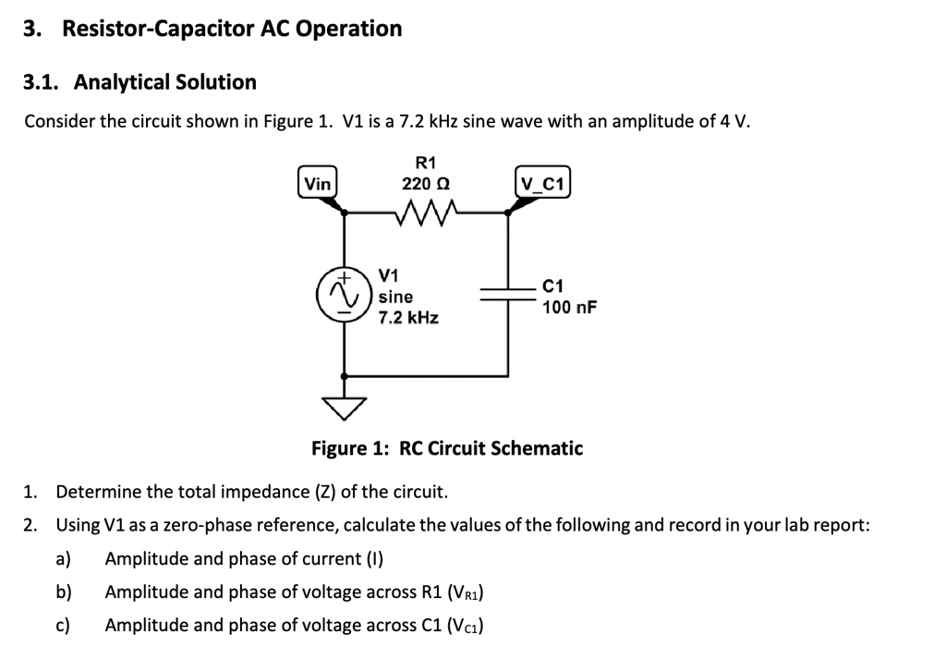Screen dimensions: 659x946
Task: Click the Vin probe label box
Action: coord(318,183)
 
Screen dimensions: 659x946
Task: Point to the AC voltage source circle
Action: coord(345,294)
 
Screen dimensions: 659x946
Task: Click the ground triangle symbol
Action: coord(345,406)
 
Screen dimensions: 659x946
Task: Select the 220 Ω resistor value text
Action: coord(426,183)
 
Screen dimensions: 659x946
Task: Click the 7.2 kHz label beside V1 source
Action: coord(408,317)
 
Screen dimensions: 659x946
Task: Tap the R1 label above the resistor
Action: coord(426,162)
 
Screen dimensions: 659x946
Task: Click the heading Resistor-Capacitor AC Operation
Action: coord(232,29)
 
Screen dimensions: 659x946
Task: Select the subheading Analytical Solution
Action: coord(164,82)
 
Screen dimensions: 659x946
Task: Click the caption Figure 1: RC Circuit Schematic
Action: coord(447,449)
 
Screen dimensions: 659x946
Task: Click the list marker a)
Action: coord(64,559)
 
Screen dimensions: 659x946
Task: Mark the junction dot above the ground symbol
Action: coord(345,376)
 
